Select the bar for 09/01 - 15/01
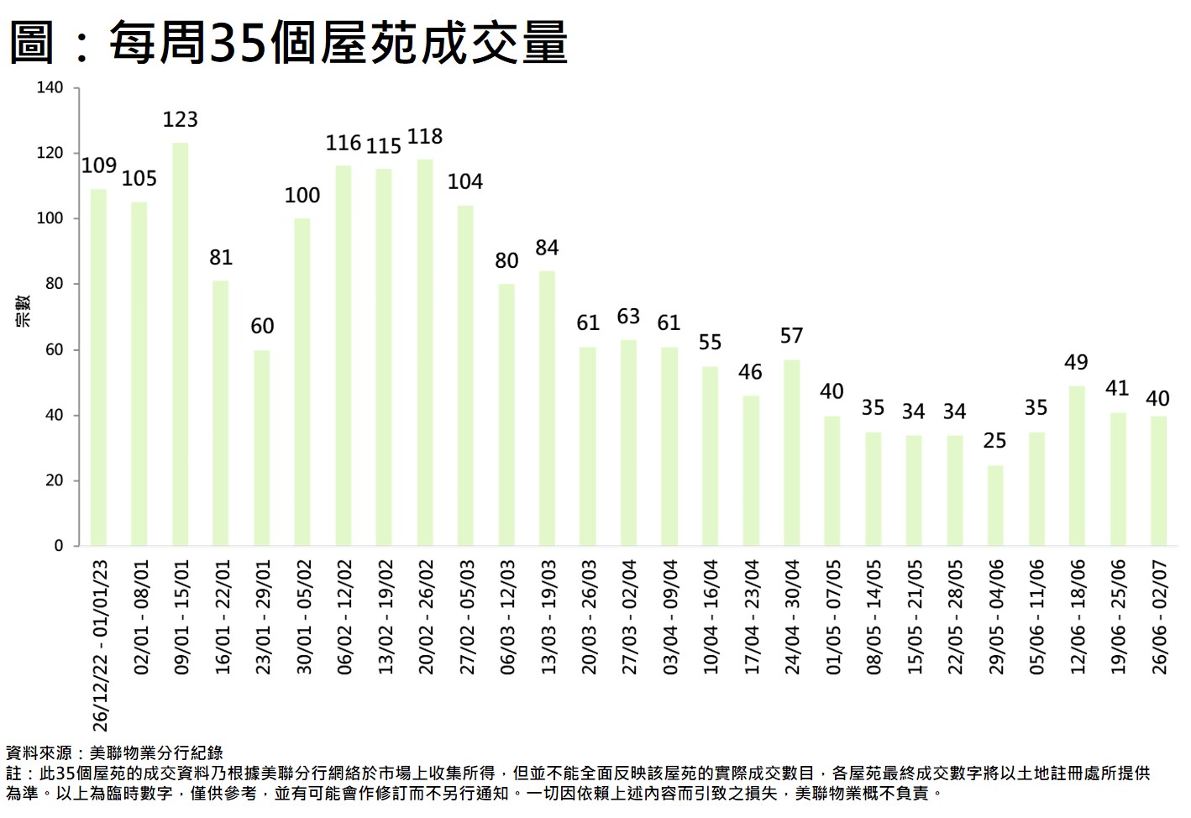coord(180,344)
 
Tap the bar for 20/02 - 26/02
coord(425,353)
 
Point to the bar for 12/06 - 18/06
coord(1077,466)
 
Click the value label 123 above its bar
coord(180,119)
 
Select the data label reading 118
coord(425,136)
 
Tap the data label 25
coord(995,441)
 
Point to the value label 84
coord(547,248)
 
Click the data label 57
coord(791,336)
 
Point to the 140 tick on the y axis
coord(50,88)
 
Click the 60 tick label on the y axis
coord(54,349)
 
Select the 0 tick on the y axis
coord(59,546)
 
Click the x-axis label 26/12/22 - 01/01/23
coord(101,646)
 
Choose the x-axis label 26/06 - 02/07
coord(1160,617)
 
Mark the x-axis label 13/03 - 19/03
coord(548,617)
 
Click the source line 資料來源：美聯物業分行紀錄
coord(115,753)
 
